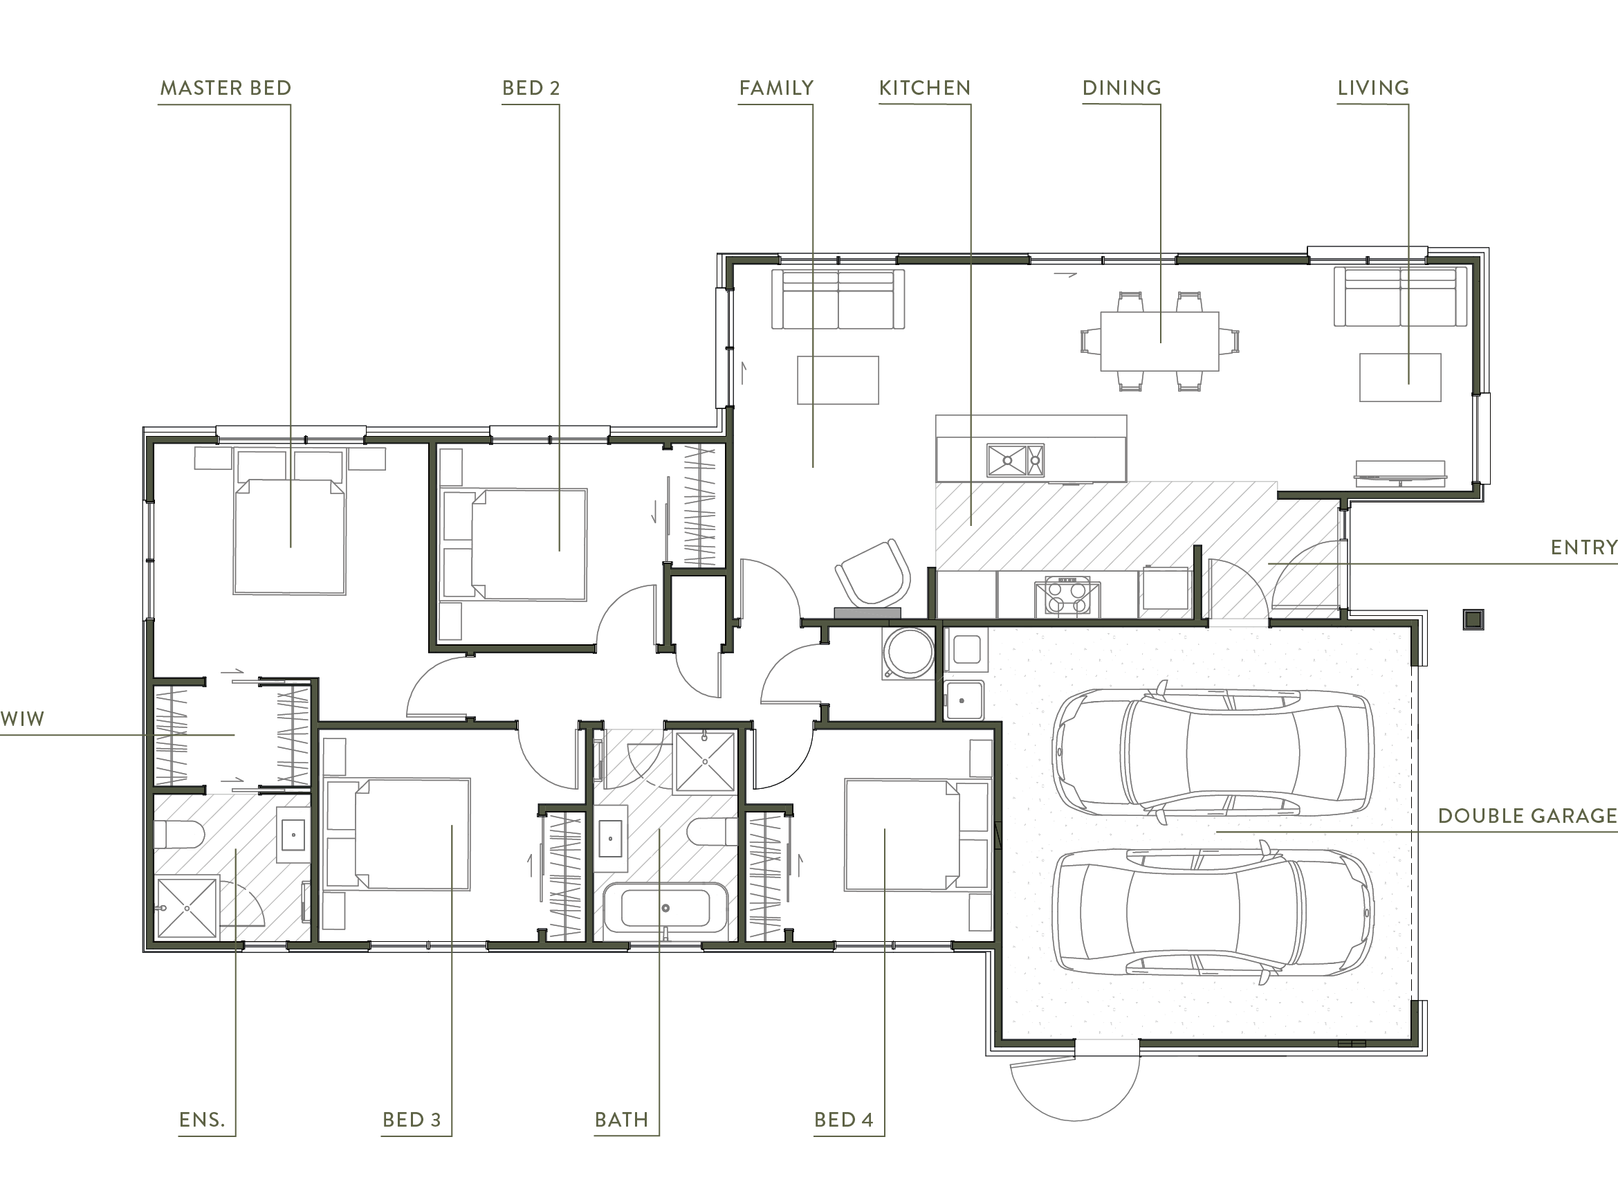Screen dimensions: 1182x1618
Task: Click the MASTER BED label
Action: click(x=226, y=88)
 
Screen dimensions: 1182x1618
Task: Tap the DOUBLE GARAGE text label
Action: click(x=1527, y=816)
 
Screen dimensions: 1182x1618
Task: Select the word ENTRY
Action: click(x=1583, y=547)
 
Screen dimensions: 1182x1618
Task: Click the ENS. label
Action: click(x=202, y=1120)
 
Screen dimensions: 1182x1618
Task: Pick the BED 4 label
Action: click(x=843, y=1120)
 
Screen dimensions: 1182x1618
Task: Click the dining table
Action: click(x=1159, y=340)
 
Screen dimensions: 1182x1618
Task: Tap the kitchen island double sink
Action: click(x=1015, y=460)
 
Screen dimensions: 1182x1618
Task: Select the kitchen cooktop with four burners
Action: click(x=1067, y=597)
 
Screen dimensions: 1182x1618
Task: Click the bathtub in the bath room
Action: click(x=665, y=908)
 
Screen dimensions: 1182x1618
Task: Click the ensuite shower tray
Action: click(x=187, y=907)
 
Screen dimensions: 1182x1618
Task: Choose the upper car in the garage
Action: click(x=1213, y=753)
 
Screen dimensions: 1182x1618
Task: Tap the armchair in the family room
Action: click(x=873, y=572)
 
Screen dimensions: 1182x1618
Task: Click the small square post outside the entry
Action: click(x=1473, y=619)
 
